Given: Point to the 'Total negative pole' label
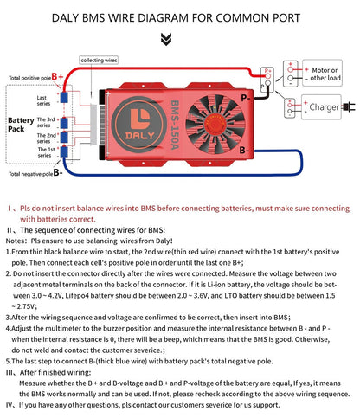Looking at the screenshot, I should pos(29,173).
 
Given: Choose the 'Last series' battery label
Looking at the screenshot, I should pos(42,101).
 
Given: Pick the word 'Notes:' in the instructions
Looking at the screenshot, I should pos(20,241).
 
